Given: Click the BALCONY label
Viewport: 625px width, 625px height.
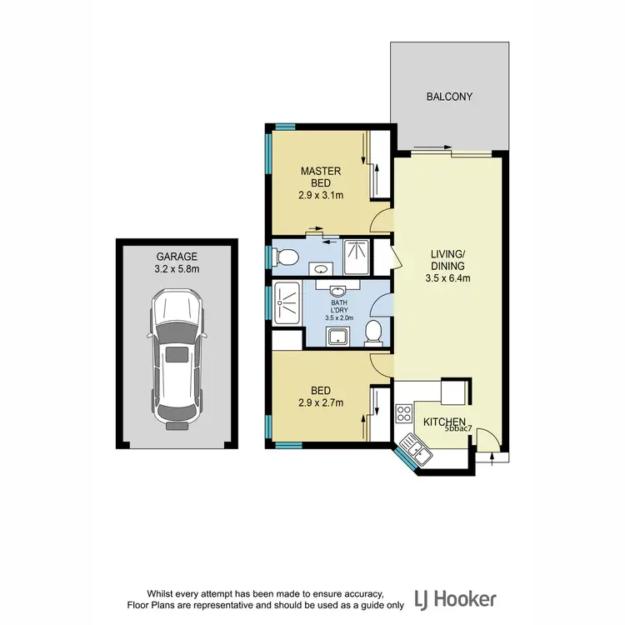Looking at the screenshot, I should click(x=449, y=97).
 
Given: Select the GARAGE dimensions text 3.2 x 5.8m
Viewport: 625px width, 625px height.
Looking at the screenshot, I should click(x=177, y=271).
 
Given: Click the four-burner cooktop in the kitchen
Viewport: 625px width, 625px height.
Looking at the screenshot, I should click(x=405, y=412).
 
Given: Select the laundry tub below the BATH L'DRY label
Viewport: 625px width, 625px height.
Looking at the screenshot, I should click(x=338, y=336).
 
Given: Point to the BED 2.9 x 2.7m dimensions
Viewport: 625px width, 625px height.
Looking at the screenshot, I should click(x=321, y=402).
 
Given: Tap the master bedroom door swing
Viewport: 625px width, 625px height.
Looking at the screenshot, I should click(x=381, y=221).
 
